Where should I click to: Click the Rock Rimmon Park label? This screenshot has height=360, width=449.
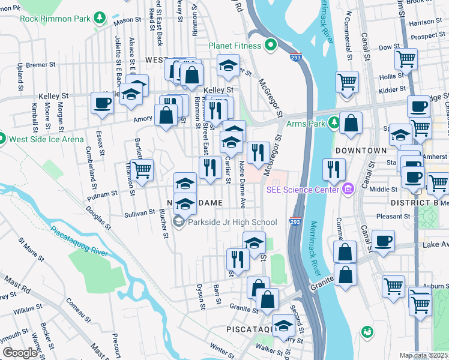pos(55,19)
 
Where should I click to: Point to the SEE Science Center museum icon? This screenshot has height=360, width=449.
pos(348,190)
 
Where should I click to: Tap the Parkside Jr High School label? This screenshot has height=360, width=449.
pos(232,222)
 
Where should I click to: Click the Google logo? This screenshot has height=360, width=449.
pos(20,353)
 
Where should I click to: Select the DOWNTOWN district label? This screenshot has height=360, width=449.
pos(361,150)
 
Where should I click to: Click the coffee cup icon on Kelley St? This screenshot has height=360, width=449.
pos(101,103)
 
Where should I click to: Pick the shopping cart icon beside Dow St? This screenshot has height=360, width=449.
pos(406,59)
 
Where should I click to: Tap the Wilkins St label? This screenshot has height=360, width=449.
pos(28,310)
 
